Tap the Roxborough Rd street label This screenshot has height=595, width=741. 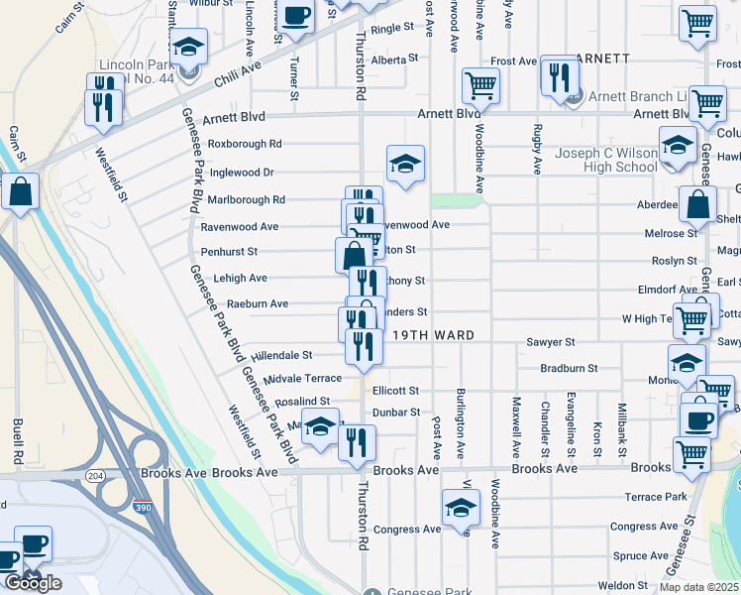pos(237,144)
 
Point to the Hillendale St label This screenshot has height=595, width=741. pos(281,354)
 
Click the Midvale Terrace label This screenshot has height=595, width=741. pos(303,378)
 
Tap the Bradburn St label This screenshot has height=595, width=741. pos(569,368)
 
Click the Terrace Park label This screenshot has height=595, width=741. pos(655,496)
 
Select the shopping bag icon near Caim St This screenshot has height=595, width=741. pos(20,190)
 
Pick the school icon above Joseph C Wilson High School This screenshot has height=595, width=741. pos(678,145)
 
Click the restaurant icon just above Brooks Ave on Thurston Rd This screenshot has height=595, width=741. pos(357,441)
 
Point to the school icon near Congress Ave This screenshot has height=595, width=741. pos(460,511)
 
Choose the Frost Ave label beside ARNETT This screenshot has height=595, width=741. pos(513,61)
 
